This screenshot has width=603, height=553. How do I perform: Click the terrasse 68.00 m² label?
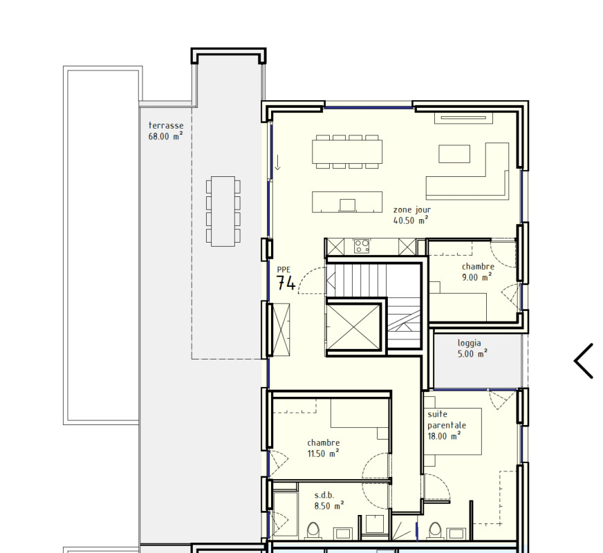[166, 131]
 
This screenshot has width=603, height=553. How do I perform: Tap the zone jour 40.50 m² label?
[412, 215]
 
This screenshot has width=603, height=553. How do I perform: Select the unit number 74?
[286, 283]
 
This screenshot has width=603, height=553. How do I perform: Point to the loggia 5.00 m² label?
[472, 348]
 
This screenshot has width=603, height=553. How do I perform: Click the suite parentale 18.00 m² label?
[447, 425]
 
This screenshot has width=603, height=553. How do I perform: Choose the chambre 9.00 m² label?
[478, 272]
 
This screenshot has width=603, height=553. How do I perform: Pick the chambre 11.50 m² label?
[324, 448]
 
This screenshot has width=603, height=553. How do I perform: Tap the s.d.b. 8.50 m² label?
[328, 500]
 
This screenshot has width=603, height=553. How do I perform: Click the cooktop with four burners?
[362, 246]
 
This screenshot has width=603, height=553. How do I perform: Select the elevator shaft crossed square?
[354, 327]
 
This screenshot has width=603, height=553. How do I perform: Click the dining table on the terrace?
[223, 211]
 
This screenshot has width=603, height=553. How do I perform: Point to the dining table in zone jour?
[347, 151]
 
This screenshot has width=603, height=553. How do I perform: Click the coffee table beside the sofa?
[454, 153]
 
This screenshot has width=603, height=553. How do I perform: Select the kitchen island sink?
[347, 205]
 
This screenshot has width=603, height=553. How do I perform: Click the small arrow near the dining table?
[278, 162]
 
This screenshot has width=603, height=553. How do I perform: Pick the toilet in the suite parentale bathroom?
[434, 530]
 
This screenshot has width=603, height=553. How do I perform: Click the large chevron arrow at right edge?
[584, 361]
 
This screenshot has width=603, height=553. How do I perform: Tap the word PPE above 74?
[284, 270]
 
